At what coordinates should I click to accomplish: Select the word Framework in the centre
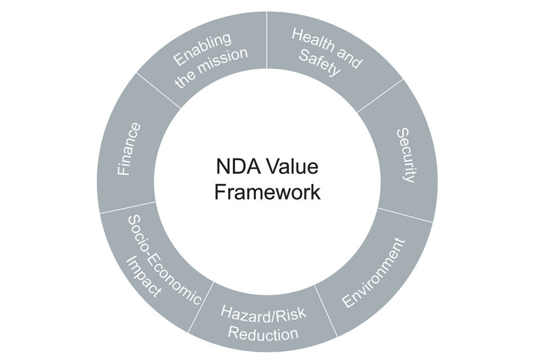click(267, 192)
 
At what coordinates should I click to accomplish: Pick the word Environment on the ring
click(373, 273)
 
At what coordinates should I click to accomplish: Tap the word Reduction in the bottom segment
click(263, 334)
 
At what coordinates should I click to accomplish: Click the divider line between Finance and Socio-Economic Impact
click(127, 208)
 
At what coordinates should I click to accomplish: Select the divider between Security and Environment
click(405, 215)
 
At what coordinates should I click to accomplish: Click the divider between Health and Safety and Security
click(380, 94)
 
